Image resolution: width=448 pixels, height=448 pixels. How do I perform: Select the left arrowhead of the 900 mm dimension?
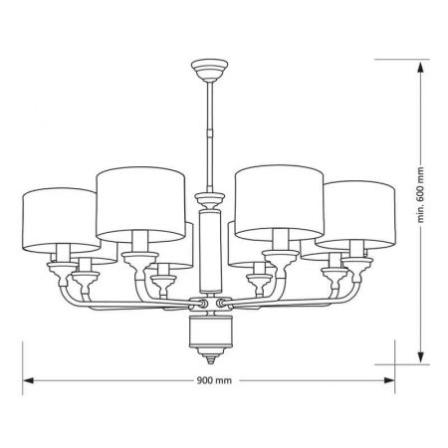point(29,379)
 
